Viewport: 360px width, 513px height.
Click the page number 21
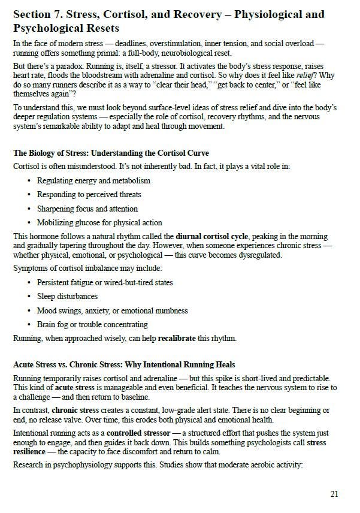coord(334,494)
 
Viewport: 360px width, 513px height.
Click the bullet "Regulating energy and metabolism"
coord(93,180)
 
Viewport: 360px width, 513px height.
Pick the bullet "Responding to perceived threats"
coord(89,195)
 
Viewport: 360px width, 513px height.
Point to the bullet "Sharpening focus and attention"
coord(87,209)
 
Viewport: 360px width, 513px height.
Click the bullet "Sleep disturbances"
coord(67,297)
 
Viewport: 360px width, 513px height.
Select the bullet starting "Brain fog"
coord(92,325)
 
